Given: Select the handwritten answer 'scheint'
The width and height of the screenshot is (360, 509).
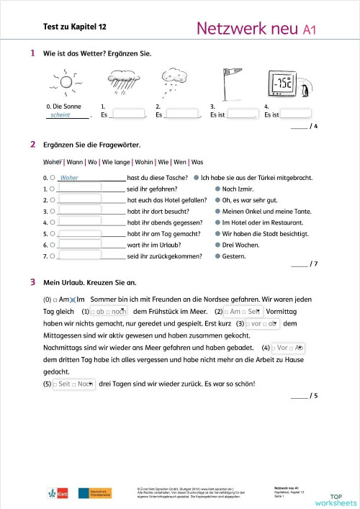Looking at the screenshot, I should click(56, 114).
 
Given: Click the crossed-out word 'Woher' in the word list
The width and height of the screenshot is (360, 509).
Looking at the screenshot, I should click(53, 162).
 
